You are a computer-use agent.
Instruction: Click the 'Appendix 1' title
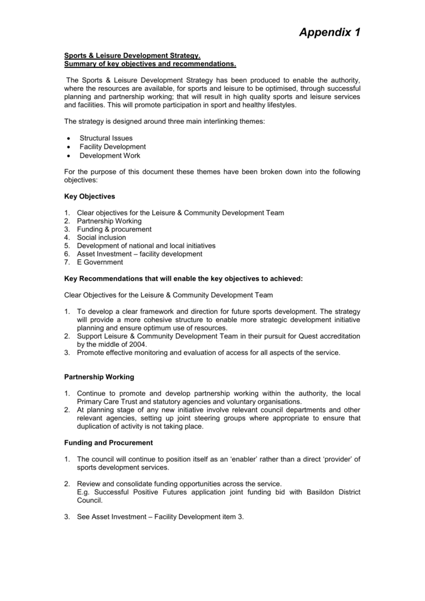click(x=329, y=33)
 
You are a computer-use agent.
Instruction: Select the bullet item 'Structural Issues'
click(x=106, y=138)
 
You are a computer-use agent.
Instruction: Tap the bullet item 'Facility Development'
click(x=113, y=147)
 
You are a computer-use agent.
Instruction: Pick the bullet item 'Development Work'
click(x=110, y=156)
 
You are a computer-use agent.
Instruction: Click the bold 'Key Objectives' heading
click(x=89, y=196)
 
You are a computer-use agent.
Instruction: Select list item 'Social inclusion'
click(x=101, y=237)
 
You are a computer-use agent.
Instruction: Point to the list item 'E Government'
click(x=100, y=262)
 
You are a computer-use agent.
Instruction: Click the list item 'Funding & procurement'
click(x=114, y=229)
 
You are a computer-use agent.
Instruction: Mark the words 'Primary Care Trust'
click(x=106, y=401)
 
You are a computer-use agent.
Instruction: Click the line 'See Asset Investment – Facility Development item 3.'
click(x=159, y=516)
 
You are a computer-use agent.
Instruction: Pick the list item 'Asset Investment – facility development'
click(x=140, y=254)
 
